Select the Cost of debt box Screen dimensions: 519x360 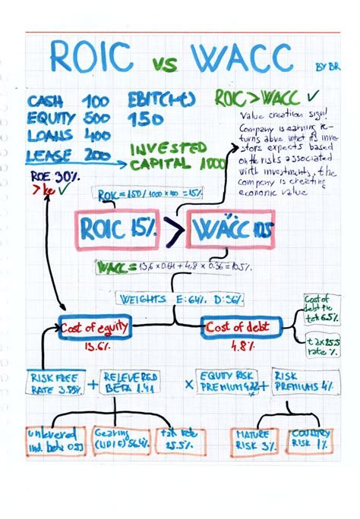[241, 327]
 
